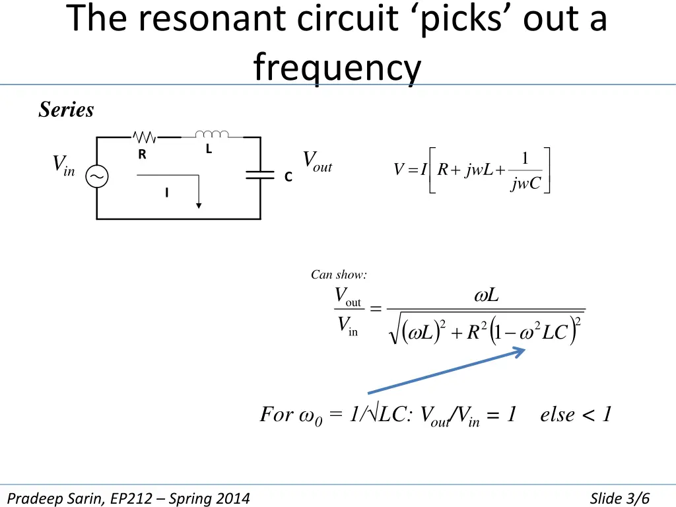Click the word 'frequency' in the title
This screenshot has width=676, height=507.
[x=337, y=67]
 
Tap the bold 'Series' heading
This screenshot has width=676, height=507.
[x=66, y=109]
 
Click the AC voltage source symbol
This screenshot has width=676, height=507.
[x=96, y=176]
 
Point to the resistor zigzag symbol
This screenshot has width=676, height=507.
[x=145, y=137]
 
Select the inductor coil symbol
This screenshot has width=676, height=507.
[x=212, y=134]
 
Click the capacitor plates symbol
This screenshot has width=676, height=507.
[x=260, y=174]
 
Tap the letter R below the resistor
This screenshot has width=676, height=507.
[x=142, y=154]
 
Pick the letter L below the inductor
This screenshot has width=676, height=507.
[x=209, y=149]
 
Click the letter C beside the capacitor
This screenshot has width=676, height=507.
[x=288, y=177]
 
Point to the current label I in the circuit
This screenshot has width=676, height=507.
[x=167, y=192]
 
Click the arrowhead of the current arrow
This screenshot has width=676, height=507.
[x=199, y=206]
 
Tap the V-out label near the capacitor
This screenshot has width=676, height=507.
[x=318, y=162]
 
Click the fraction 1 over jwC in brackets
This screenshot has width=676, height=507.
[x=525, y=171]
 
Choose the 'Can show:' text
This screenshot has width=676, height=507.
[x=339, y=275]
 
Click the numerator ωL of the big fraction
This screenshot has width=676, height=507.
[x=487, y=295]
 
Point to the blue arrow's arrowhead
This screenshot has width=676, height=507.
[x=519, y=353]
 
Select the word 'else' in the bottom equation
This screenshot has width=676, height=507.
[x=557, y=415]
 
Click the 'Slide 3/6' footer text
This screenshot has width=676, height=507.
[x=619, y=498]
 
